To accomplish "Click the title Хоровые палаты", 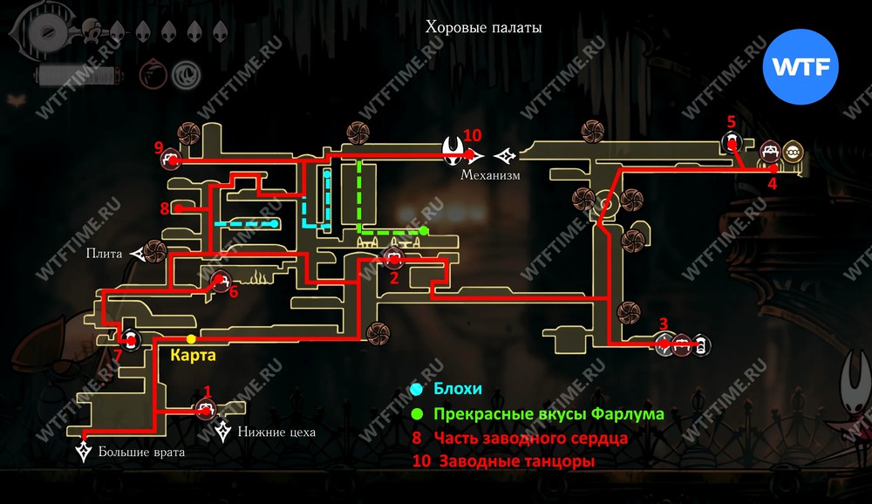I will click(483, 27).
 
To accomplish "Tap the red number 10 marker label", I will click(472, 135).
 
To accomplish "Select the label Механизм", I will click(490, 174).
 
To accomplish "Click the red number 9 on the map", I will click(158, 146).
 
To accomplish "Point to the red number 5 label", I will click(731, 121).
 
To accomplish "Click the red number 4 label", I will click(772, 184).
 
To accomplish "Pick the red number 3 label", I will click(664, 324).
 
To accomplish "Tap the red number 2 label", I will click(394, 278).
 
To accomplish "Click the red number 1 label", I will click(207, 391).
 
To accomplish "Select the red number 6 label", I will click(233, 292).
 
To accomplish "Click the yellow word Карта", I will click(193, 356).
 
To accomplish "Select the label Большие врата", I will click(141, 452).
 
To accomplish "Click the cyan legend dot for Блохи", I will click(417, 390).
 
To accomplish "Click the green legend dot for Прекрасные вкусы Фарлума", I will click(417, 413).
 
